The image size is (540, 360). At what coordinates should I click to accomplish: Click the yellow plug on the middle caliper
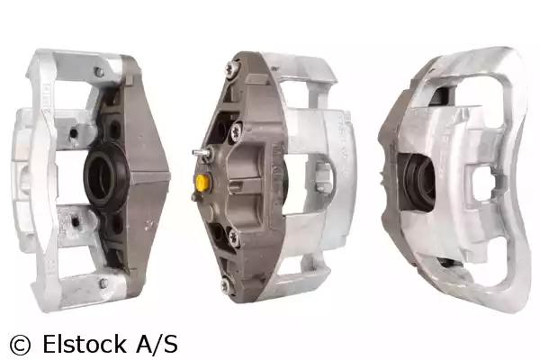click(x=202, y=181)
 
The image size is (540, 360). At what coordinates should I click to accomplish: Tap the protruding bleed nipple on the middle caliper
click(x=201, y=152)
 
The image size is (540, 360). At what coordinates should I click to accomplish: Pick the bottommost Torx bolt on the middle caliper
click(x=226, y=284)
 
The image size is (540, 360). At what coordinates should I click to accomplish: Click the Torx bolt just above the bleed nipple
click(x=236, y=130)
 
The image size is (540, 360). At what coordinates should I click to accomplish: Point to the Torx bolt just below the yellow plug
click(x=234, y=236)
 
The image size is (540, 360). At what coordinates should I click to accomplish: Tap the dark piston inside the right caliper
click(x=418, y=182)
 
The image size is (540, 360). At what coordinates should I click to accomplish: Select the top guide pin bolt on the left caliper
click(x=99, y=72)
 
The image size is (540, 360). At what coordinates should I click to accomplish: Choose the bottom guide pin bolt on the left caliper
click(x=103, y=283)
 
